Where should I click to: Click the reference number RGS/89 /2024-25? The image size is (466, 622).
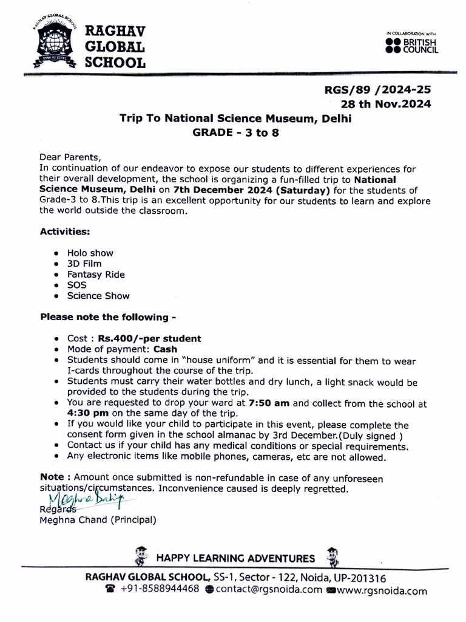(377, 90)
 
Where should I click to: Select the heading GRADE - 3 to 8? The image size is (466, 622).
(235, 133)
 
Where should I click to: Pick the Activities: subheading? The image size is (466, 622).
(65, 231)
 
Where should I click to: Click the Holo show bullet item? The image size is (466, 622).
(90, 253)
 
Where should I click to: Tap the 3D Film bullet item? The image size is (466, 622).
(84, 264)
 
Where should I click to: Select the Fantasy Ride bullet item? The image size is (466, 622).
(96, 275)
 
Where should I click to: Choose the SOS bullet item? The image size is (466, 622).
(77, 285)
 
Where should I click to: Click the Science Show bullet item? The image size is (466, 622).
(98, 296)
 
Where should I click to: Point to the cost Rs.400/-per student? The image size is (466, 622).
(154, 338)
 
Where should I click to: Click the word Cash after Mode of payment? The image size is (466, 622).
(165, 349)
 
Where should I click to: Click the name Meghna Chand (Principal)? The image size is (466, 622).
(98, 520)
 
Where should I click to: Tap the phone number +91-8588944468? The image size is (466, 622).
(160, 590)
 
